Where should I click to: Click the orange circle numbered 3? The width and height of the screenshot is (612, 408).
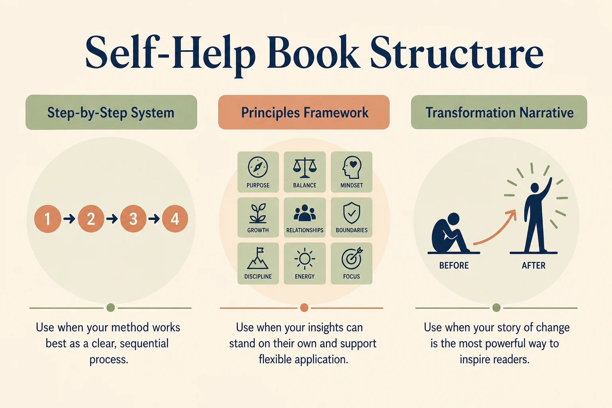[x=133, y=219]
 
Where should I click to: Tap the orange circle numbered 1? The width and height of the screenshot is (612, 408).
[x=47, y=219]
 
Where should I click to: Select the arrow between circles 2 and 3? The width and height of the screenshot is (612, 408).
[x=112, y=219]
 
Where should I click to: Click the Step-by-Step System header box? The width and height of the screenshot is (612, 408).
[x=111, y=112]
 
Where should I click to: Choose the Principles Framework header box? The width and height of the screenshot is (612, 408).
[x=304, y=112]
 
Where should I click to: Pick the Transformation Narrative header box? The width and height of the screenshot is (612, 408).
[x=499, y=112]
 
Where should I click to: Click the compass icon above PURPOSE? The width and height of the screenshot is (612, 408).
[x=258, y=167]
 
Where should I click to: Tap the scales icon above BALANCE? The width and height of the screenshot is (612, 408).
[x=305, y=167]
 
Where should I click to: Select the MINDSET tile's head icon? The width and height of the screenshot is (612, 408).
[x=352, y=167]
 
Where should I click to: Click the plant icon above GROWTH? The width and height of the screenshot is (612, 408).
[x=258, y=213]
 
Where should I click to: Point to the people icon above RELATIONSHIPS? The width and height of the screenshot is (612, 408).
[x=305, y=213]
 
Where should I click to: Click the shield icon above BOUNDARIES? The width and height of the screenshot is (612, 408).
[x=352, y=213]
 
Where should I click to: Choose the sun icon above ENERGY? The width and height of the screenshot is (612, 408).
[x=305, y=259]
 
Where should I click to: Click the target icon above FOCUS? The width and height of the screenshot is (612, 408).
[x=352, y=259]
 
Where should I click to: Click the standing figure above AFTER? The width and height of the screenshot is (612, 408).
[x=536, y=216]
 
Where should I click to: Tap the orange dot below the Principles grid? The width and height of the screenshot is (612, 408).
[x=304, y=308]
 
